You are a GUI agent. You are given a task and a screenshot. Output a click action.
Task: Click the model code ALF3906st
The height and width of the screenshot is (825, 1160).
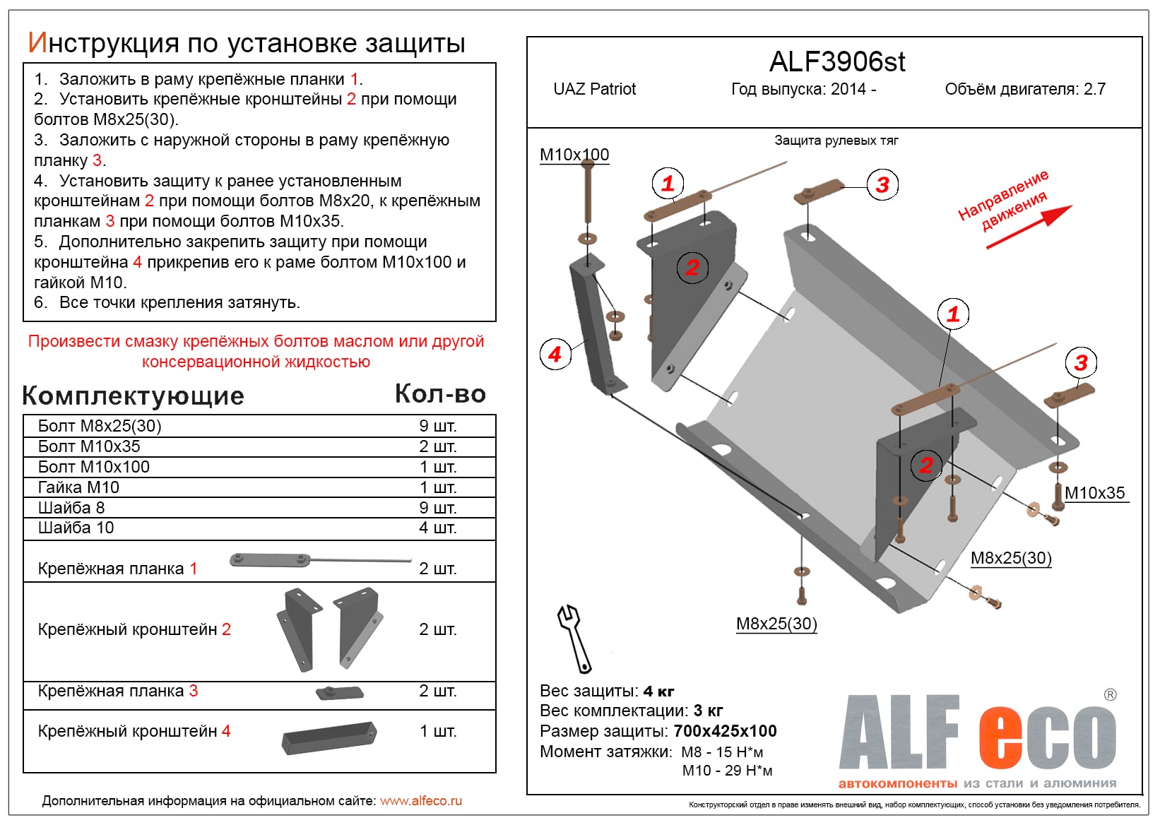(x=836, y=62)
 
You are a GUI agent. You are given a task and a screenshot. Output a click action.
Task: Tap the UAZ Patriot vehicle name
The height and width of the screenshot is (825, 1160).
(x=594, y=89)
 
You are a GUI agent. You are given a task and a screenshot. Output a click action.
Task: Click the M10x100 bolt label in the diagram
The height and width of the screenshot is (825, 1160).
(x=574, y=155)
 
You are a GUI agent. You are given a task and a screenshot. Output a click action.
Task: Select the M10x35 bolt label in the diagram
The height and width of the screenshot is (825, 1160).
(x=1094, y=493)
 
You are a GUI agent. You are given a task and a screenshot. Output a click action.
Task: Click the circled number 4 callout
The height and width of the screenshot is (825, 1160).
(x=555, y=354)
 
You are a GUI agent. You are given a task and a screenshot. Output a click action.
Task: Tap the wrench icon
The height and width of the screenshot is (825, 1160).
(x=574, y=638)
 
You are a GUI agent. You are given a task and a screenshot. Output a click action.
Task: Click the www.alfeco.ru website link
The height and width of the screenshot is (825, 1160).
(x=421, y=801)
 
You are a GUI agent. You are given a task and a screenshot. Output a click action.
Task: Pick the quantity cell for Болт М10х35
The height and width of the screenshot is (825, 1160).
(x=437, y=446)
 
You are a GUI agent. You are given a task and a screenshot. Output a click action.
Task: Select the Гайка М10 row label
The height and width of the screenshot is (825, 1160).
(x=78, y=487)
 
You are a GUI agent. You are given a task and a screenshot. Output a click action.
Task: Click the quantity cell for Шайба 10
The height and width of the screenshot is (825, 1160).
(x=437, y=528)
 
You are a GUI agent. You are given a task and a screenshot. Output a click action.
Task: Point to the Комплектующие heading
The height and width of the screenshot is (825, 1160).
(x=133, y=396)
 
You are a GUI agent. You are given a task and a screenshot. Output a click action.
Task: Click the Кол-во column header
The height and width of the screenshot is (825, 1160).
(x=439, y=394)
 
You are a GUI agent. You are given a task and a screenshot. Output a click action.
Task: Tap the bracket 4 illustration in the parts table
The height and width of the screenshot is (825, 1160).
(x=329, y=737)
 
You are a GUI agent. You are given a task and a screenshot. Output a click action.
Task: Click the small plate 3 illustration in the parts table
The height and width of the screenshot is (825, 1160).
(x=339, y=692)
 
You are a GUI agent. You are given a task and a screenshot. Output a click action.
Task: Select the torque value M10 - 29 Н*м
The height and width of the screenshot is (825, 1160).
(x=727, y=771)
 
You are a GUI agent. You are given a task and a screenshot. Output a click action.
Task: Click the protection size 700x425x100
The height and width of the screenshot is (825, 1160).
(x=725, y=731)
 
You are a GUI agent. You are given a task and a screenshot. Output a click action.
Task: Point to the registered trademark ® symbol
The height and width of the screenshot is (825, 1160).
(x=1110, y=695)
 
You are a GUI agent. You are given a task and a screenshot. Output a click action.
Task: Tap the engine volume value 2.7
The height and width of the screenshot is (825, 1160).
(x=1094, y=89)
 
